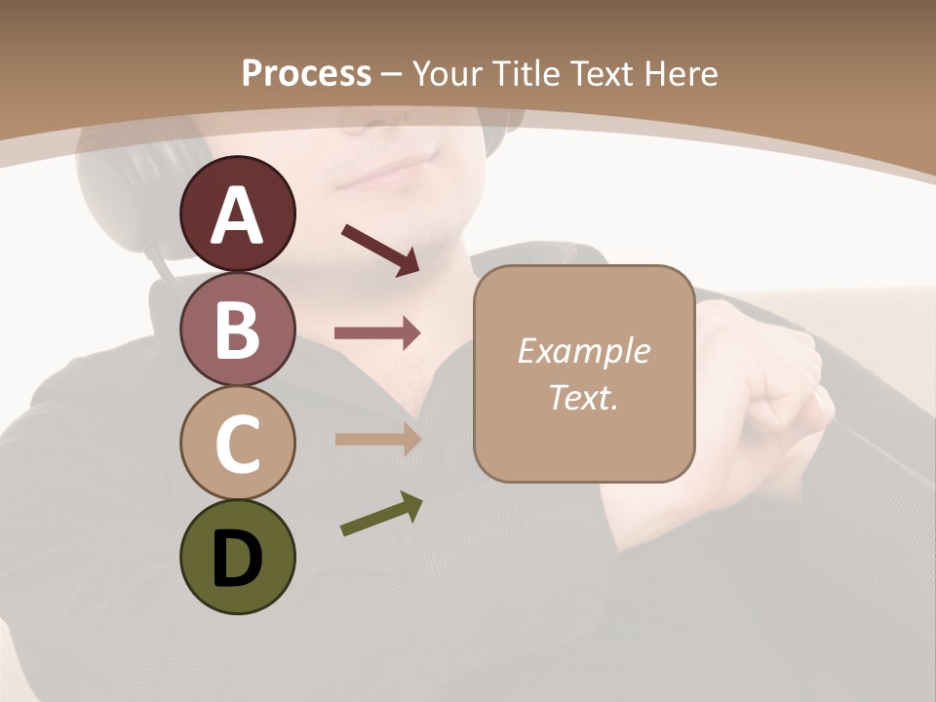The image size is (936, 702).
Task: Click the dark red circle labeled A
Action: click(x=237, y=214)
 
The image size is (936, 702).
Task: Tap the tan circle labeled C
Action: click(x=237, y=443)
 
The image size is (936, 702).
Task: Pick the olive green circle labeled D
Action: click(x=237, y=557)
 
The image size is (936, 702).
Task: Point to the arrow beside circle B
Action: click(x=377, y=333)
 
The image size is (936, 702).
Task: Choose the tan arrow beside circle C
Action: click(x=377, y=439)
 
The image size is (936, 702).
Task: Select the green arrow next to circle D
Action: click(x=381, y=514)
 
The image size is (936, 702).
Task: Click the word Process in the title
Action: click(x=306, y=74)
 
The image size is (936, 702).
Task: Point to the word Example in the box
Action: click(x=583, y=351)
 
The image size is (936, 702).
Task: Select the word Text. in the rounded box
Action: click(x=583, y=398)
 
